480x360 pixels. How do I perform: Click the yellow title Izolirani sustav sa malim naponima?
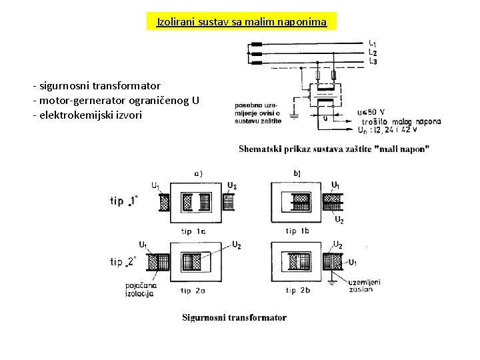coord(241,22)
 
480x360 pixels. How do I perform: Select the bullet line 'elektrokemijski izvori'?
coord(87,115)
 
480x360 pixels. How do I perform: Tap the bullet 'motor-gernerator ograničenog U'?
coord(115,101)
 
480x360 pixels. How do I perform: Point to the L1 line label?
coord(372,44)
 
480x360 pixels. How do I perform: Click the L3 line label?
coord(372,61)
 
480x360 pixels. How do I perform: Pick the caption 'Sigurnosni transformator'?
coord(234,317)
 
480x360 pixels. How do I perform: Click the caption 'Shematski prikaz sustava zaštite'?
coord(334,149)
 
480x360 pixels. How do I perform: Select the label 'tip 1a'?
coord(193,231)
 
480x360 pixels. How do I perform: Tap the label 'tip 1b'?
coord(297,231)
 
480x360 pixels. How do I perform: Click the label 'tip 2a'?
coord(193,291)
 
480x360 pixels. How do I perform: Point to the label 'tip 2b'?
coord(297,290)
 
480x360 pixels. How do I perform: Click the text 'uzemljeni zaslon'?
coord(365,285)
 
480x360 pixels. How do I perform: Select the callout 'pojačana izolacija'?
coord(139,289)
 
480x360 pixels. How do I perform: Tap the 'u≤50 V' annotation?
coord(371,112)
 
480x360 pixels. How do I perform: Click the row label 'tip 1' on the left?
coord(124,201)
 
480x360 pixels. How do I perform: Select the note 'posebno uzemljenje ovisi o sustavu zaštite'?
coord(257,113)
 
